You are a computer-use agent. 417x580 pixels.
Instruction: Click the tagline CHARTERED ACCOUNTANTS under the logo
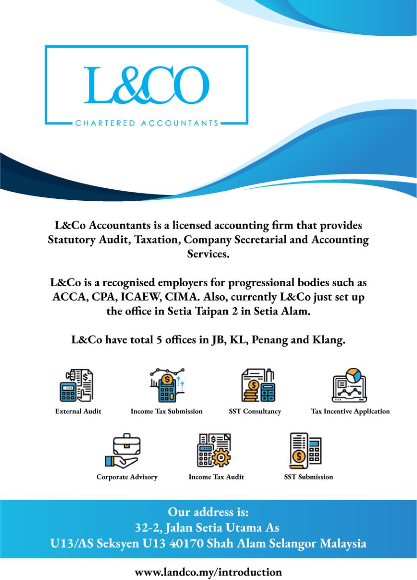146,123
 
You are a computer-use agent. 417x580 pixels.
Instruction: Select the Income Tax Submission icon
167,386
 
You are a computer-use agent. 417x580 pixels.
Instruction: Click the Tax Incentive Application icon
349,386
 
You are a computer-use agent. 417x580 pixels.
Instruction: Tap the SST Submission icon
306,450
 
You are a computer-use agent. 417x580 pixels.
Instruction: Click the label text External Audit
78,412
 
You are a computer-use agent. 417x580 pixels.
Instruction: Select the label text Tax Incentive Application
350,412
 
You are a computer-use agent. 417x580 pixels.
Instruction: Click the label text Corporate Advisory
127,477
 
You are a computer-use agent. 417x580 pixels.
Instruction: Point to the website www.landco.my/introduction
208,572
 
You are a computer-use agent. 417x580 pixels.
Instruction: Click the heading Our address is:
208,511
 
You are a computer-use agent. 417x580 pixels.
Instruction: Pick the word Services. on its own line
208,254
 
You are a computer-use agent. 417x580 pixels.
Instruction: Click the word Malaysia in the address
343,543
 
